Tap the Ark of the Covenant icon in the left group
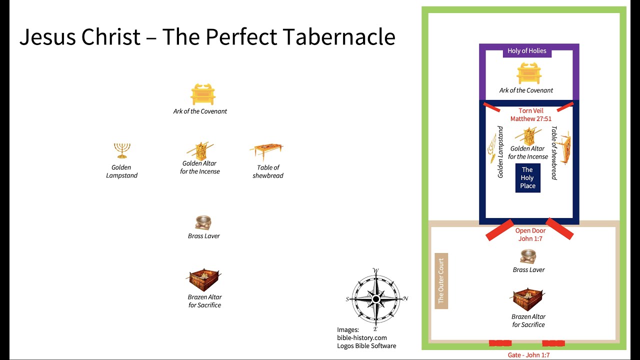202,94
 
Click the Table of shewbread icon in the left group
266,150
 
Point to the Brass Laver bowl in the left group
203,223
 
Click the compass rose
376,299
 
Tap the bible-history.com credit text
361,338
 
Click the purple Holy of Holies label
527,51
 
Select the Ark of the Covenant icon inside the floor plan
529,73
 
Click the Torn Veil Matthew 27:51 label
530,115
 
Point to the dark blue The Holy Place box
527,178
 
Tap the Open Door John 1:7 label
530,235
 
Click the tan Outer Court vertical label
441,281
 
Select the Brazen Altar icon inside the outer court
528,299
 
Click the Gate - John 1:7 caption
528,355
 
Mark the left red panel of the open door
499,229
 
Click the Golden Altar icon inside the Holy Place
528,136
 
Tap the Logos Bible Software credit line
366,346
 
